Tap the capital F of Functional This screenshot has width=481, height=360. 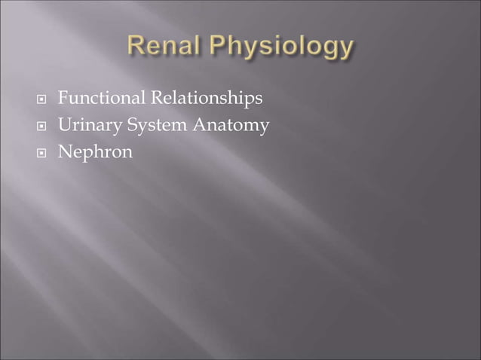pos(63,99)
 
